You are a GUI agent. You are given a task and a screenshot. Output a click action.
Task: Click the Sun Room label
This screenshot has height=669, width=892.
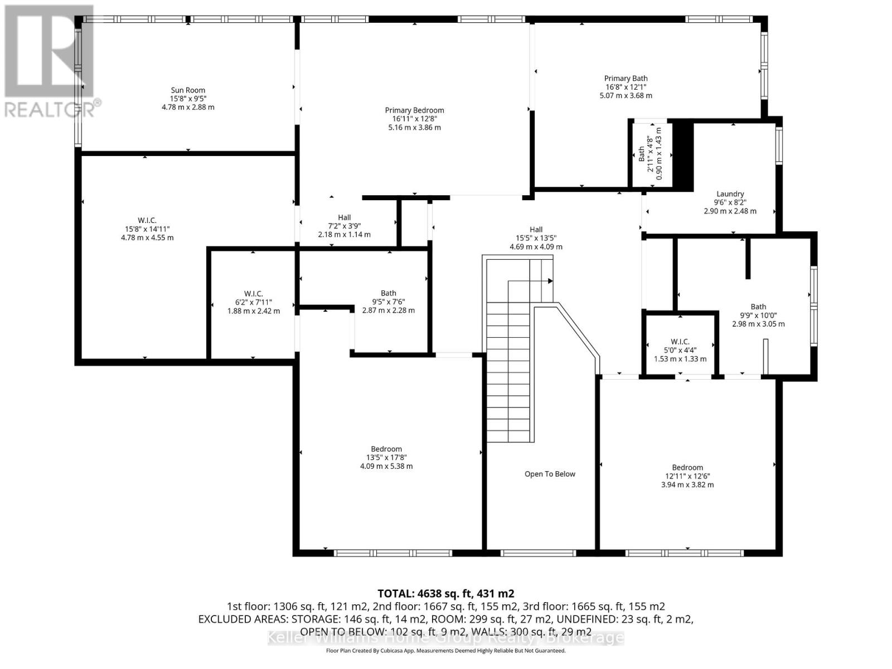point(188,90)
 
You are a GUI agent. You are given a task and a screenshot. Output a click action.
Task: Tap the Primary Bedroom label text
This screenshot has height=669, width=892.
point(414,110)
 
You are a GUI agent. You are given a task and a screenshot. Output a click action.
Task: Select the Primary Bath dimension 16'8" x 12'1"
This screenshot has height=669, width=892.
point(626,87)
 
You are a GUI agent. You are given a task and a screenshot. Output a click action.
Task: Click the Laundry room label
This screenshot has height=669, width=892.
point(730,194)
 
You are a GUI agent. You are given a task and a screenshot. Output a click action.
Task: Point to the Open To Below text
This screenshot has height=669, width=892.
point(550,474)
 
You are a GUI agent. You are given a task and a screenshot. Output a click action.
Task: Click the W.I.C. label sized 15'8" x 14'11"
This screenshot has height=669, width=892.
point(147,220)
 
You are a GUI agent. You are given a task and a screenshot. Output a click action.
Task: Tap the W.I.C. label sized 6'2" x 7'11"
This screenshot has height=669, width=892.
point(253,294)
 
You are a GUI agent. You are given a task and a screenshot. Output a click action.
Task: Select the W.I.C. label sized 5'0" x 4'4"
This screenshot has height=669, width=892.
point(680,342)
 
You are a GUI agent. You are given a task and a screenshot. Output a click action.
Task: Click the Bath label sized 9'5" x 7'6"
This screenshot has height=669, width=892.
point(389,293)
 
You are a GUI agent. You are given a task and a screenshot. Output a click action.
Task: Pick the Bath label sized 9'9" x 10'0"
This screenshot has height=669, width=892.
point(758,307)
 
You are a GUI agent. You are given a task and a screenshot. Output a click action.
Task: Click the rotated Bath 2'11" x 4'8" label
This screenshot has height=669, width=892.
point(642,154)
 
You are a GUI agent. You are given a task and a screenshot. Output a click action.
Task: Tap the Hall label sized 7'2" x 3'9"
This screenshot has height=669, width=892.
point(344,217)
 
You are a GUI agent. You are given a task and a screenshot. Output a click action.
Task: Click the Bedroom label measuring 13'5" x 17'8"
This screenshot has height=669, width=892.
point(386,449)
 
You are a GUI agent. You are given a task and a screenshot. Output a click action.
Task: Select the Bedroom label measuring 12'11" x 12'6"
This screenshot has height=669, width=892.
point(687,468)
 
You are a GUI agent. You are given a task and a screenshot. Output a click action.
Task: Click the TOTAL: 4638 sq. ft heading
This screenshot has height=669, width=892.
point(445,593)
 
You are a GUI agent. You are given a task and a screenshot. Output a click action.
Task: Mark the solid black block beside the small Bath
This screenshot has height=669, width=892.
point(682,156)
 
